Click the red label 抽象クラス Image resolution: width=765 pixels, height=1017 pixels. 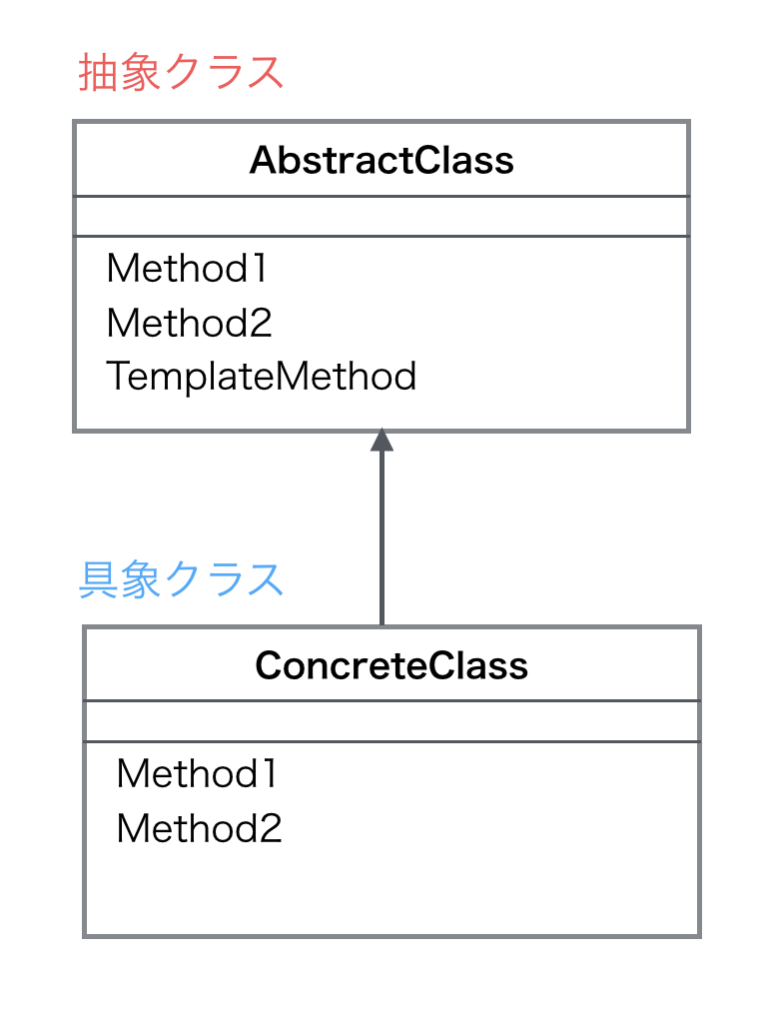(181, 73)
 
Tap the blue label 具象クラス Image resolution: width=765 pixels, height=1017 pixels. (181, 579)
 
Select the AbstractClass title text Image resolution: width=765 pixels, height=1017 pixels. (382, 160)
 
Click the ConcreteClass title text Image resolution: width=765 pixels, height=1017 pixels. (391, 665)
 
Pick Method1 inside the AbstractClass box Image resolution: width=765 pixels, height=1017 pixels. (187, 268)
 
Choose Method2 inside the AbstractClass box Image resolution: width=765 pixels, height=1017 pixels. (189, 323)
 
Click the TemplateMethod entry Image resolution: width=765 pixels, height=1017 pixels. (261, 377)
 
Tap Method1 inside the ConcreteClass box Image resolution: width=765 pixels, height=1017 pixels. (197, 773)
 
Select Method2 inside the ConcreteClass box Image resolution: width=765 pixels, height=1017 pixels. (199, 828)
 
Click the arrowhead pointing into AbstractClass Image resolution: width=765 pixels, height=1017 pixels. (382, 442)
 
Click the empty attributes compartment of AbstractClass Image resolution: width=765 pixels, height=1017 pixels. (382, 217)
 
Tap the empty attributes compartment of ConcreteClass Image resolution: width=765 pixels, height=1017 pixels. (391, 721)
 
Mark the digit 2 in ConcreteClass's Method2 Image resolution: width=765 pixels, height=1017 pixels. (270, 828)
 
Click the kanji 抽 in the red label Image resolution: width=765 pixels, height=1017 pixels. (97, 73)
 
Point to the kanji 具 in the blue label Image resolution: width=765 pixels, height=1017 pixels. (97, 579)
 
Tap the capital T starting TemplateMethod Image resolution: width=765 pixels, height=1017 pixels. (118, 377)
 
